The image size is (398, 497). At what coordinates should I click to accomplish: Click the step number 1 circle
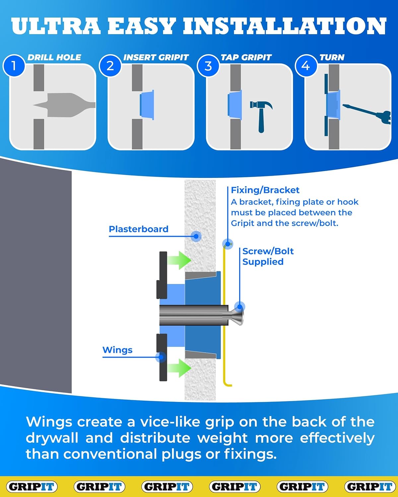click(x=14, y=66)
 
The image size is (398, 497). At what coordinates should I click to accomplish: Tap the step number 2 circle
click(x=110, y=66)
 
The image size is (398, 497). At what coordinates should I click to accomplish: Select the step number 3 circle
click(x=208, y=66)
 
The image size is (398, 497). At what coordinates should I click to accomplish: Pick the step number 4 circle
click(x=305, y=66)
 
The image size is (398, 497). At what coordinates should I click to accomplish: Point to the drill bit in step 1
click(x=65, y=105)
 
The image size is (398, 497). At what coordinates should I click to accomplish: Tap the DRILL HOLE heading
click(x=54, y=57)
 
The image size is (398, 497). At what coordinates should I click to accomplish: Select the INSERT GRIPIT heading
click(x=156, y=57)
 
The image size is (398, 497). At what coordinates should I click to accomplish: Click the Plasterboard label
click(x=139, y=229)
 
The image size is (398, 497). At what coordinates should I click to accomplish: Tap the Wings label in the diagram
click(x=117, y=350)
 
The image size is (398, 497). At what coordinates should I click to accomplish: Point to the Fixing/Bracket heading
click(x=265, y=190)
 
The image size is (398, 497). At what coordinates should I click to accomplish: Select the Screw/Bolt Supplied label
click(x=268, y=256)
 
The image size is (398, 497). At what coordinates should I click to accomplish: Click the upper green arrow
click(x=179, y=260)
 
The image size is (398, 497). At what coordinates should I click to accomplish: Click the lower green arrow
click(x=179, y=368)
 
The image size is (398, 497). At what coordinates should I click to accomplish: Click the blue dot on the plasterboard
click(x=196, y=236)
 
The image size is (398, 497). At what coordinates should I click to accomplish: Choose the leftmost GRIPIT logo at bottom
click(x=32, y=486)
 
